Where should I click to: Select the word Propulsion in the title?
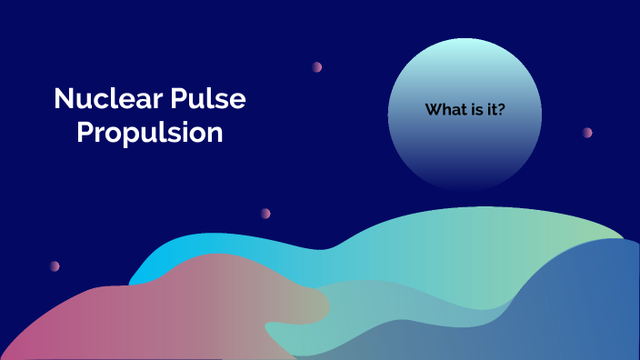click(150, 132)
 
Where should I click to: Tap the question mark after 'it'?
click(504, 110)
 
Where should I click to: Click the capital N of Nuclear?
click(63, 99)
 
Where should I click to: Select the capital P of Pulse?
click(183, 99)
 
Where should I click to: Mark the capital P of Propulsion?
click(85, 132)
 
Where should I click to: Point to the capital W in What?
click(433, 110)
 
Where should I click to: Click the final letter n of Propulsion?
click(216, 133)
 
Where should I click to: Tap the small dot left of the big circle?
click(317, 66)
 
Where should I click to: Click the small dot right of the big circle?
click(587, 132)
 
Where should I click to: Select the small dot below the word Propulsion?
click(265, 213)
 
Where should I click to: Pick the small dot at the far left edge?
click(55, 265)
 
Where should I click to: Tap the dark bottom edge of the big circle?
click(465, 182)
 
